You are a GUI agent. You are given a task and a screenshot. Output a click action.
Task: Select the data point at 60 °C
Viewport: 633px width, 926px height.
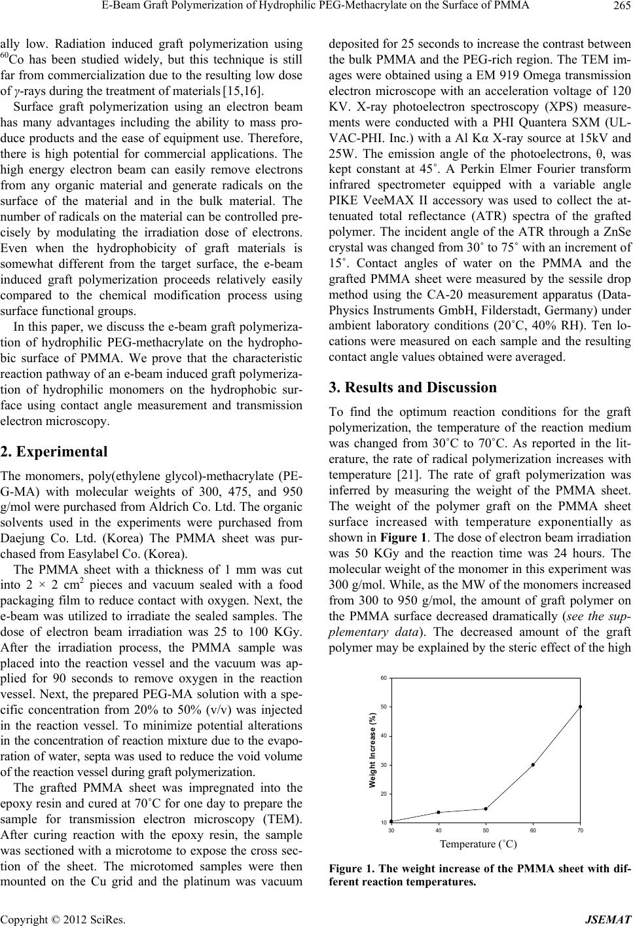[x=533, y=764]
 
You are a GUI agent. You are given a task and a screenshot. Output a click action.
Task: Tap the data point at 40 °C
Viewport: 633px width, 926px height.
[x=438, y=812]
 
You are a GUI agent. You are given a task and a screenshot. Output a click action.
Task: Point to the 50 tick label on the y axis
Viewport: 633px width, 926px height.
[x=384, y=707]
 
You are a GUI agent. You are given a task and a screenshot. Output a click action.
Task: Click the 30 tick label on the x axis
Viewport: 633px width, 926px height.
[x=391, y=830]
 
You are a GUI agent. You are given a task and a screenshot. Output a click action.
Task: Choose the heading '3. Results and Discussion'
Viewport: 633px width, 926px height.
[x=415, y=387]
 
